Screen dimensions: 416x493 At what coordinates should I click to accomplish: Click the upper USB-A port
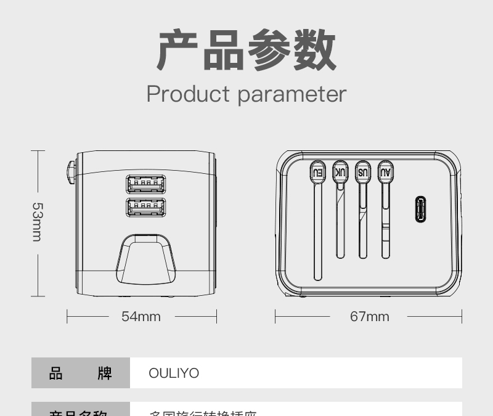click(146, 184)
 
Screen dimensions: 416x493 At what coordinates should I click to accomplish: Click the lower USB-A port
click(146, 208)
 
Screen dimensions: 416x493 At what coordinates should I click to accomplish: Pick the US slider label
click(363, 172)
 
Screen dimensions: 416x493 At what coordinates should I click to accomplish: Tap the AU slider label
click(386, 172)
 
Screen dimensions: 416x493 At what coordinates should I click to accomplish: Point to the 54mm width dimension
click(141, 317)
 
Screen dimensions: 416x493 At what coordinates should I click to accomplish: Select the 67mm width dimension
click(370, 317)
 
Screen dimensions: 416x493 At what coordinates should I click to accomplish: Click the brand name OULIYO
click(174, 373)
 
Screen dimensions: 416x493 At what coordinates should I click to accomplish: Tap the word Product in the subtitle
click(188, 94)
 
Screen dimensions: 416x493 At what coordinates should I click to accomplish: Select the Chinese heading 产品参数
click(246, 51)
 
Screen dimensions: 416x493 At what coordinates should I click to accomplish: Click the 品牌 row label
click(80, 373)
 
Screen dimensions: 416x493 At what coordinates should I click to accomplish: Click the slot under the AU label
click(386, 222)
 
